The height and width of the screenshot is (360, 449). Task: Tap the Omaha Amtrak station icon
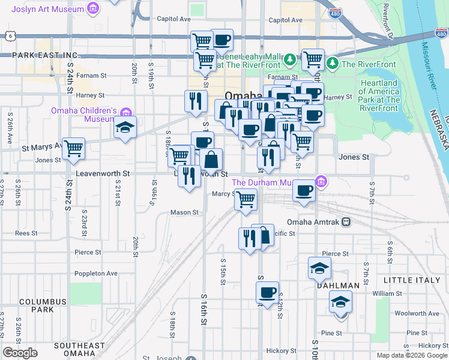tap(346, 222)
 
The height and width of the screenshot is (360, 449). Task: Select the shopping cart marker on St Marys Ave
tap(73, 148)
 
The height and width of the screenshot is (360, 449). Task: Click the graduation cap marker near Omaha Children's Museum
tap(125, 127)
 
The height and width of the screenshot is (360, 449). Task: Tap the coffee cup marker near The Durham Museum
tap(304, 191)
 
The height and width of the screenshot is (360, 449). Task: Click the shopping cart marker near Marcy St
tap(246, 199)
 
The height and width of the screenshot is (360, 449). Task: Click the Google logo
tap(20, 353)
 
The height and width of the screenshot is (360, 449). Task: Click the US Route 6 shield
tap(11, 37)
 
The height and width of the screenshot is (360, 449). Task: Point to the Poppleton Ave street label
tap(96, 273)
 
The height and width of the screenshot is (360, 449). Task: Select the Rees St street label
tap(26, 233)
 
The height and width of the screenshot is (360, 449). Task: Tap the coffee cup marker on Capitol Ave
tap(222, 40)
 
